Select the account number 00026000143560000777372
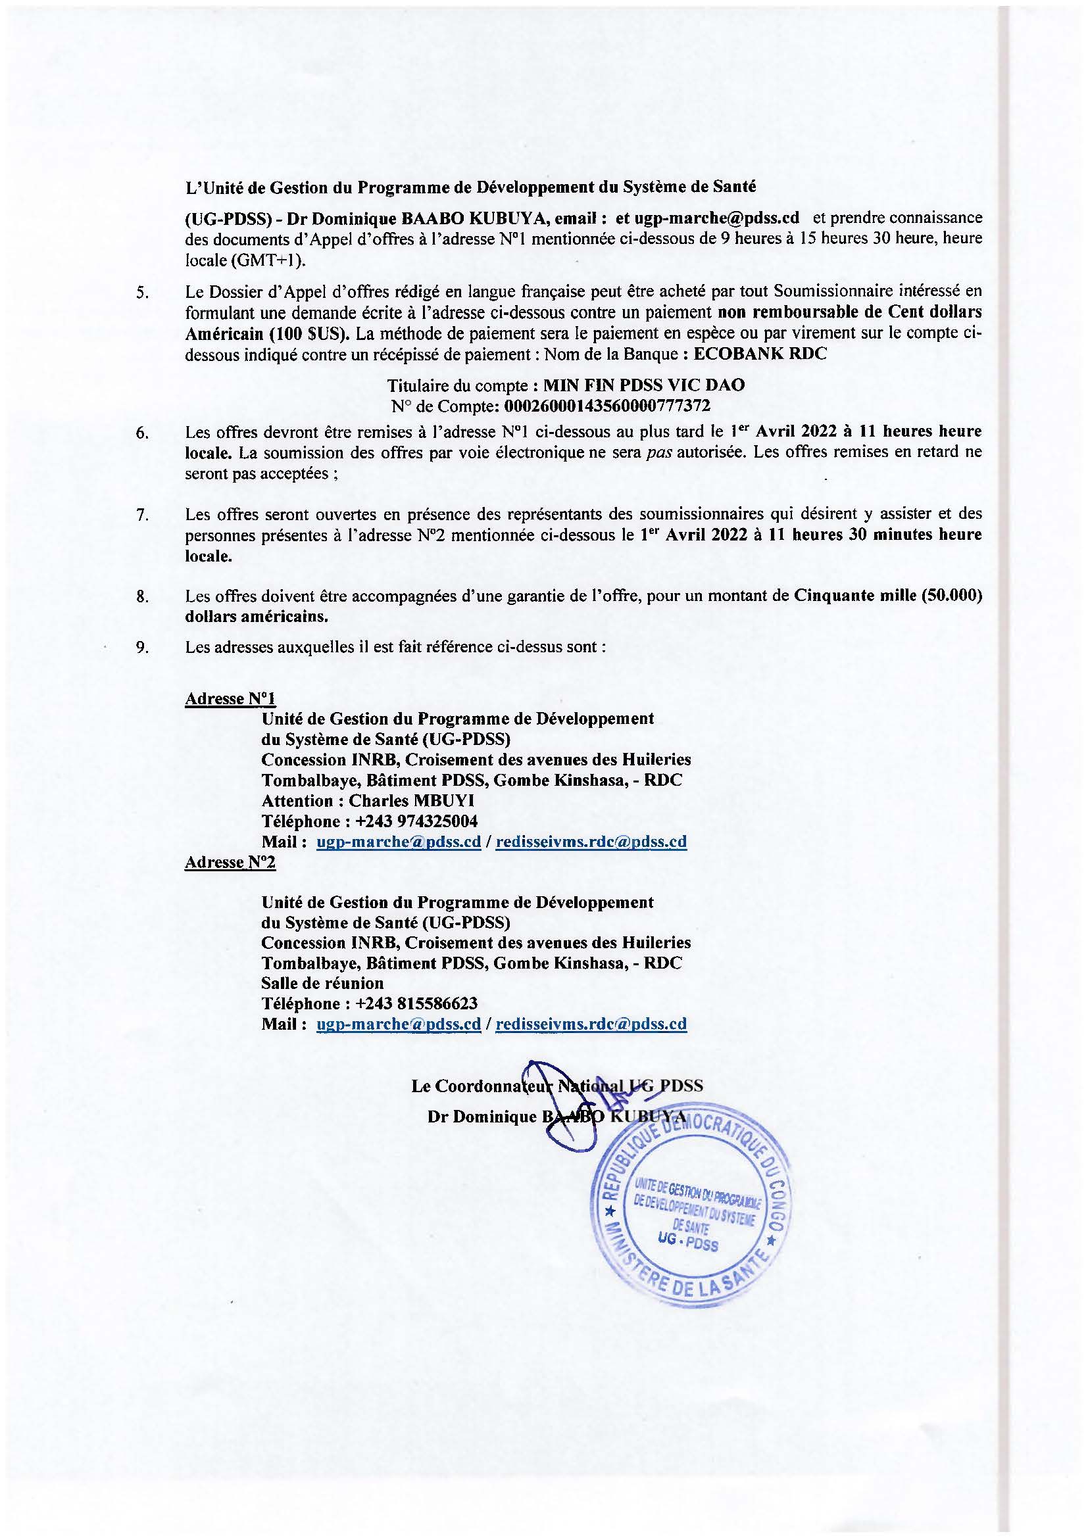click(606, 405)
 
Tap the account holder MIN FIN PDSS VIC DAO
click(643, 385)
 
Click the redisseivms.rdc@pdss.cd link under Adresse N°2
click(590, 1024)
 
